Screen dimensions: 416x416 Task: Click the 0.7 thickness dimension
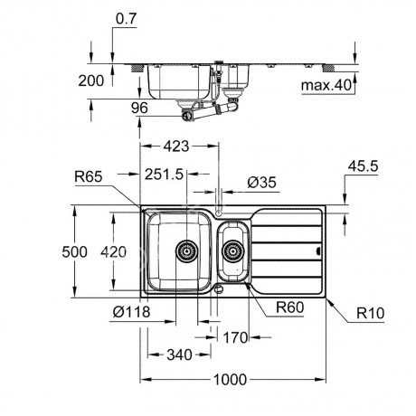click(x=127, y=19)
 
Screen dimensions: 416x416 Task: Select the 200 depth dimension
click(x=91, y=80)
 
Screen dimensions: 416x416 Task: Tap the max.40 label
click(x=326, y=85)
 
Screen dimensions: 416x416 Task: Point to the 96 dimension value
click(x=139, y=108)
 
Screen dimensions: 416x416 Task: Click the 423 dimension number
click(x=176, y=147)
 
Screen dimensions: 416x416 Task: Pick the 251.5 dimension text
click(x=164, y=175)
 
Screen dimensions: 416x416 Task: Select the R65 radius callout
click(x=89, y=176)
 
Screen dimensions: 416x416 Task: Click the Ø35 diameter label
click(x=261, y=183)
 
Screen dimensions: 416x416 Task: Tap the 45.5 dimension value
click(x=363, y=166)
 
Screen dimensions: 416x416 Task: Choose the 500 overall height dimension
click(x=74, y=251)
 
